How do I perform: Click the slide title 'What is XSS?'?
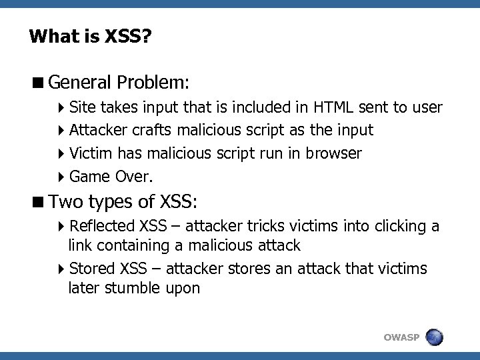coord(90,36)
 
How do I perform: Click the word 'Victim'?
coord(91,153)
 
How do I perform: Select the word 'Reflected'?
coord(102,227)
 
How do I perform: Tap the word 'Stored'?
coord(92,269)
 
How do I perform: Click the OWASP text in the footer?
coord(401,338)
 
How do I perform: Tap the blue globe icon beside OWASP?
coord(434,337)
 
